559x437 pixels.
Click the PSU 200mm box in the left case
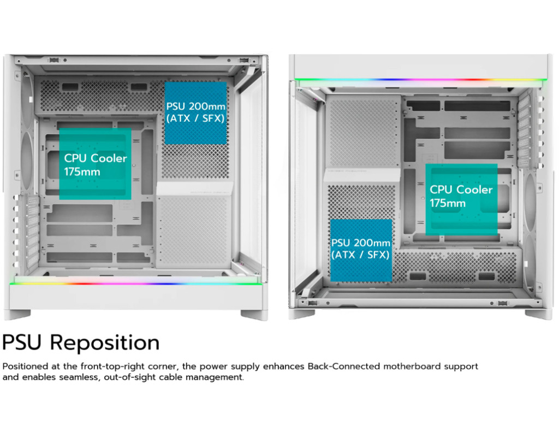(x=195, y=113)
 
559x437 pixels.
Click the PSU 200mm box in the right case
(x=361, y=250)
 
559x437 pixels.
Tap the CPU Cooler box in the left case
(x=95, y=164)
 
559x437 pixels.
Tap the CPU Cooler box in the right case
(x=461, y=199)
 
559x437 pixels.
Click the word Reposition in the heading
(x=105, y=343)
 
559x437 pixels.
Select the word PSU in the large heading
(x=23, y=343)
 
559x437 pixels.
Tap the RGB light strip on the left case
(x=135, y=282)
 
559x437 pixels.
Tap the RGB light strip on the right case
(x=419, y=80)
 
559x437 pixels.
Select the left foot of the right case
(x=302, y=314)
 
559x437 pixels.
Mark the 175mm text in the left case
(x=82, y=172)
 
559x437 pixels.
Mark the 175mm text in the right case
(x=448, y=204)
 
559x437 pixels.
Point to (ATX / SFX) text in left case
(x=195, y=118)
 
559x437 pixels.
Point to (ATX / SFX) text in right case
(x=360, y=255)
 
